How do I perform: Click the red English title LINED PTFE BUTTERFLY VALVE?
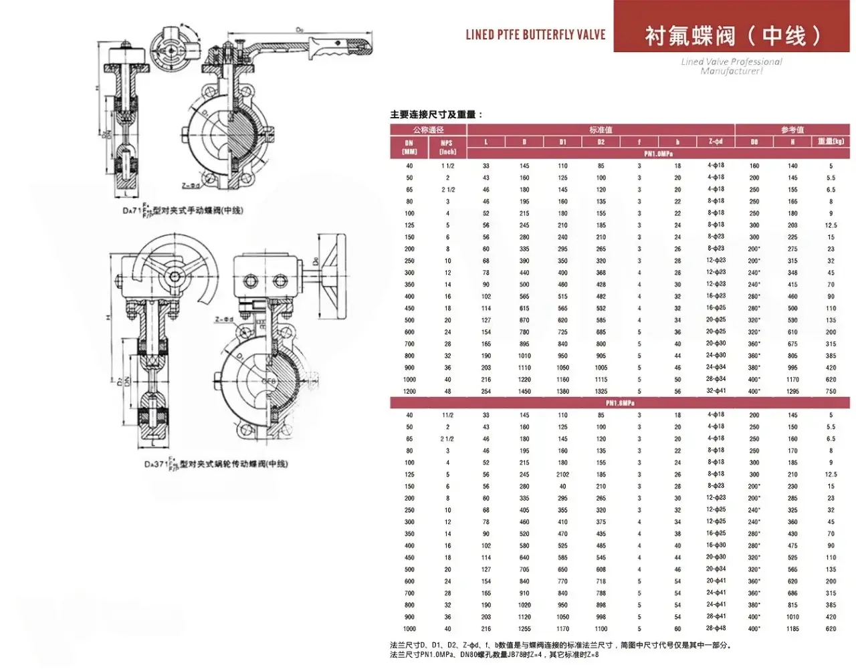point(535,34)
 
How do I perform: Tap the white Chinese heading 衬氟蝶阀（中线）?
point(732,35)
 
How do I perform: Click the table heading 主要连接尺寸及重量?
point(436,115)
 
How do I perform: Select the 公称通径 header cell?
point(428,130)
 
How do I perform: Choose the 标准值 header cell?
point(601,130)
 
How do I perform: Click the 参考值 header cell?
point(792,130)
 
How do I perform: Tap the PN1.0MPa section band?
point(658,154)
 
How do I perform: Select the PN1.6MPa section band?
point(620,403)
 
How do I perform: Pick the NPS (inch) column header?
point(447,147)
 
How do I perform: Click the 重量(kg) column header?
point(831,142)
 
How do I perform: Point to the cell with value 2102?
point(563,475)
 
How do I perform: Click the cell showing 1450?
point(524,391)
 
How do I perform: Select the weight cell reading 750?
point(831,391)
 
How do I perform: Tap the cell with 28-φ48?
point(716,628)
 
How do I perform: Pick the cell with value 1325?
point(601,391)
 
